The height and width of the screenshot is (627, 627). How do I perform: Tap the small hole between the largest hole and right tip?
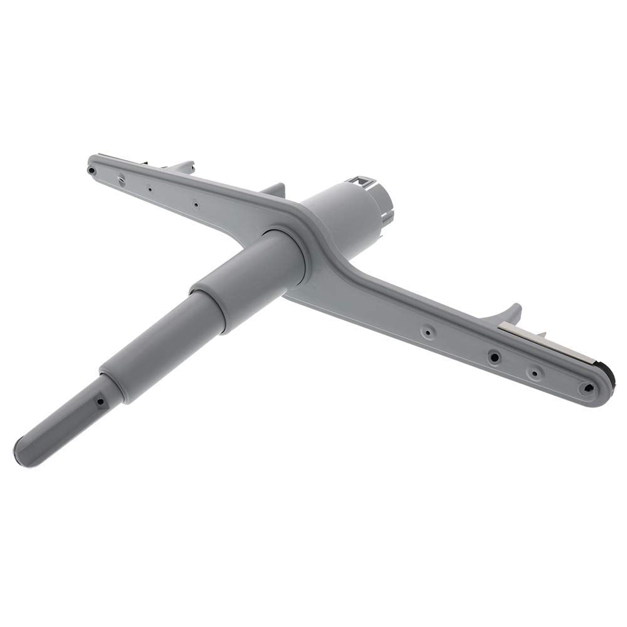tap(534, 372)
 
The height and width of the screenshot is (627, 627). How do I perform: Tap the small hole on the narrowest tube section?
tap(98, 399)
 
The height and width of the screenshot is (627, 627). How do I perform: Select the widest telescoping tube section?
tap(251, 276)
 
